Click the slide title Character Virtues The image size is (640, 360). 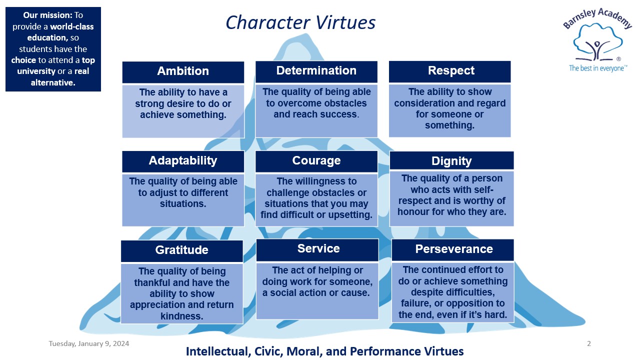(300, 22)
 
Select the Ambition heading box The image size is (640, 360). (183, 71)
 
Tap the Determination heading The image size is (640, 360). (316, 71)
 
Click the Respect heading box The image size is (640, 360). (450, 71)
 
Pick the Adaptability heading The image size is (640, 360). (183, 160)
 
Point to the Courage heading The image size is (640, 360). (316, 160)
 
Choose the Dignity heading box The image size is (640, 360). (451, 161)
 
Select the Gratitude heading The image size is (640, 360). (181, 250)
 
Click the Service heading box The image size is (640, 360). (318, 249)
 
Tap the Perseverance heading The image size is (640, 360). (453, 249)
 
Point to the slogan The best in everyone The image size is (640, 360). (597, 68)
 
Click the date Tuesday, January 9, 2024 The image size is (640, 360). (89, 343)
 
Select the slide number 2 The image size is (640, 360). (588, 343)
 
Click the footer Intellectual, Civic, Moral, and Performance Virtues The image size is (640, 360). (324, 351)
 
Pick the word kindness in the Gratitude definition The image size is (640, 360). (181, 316)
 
